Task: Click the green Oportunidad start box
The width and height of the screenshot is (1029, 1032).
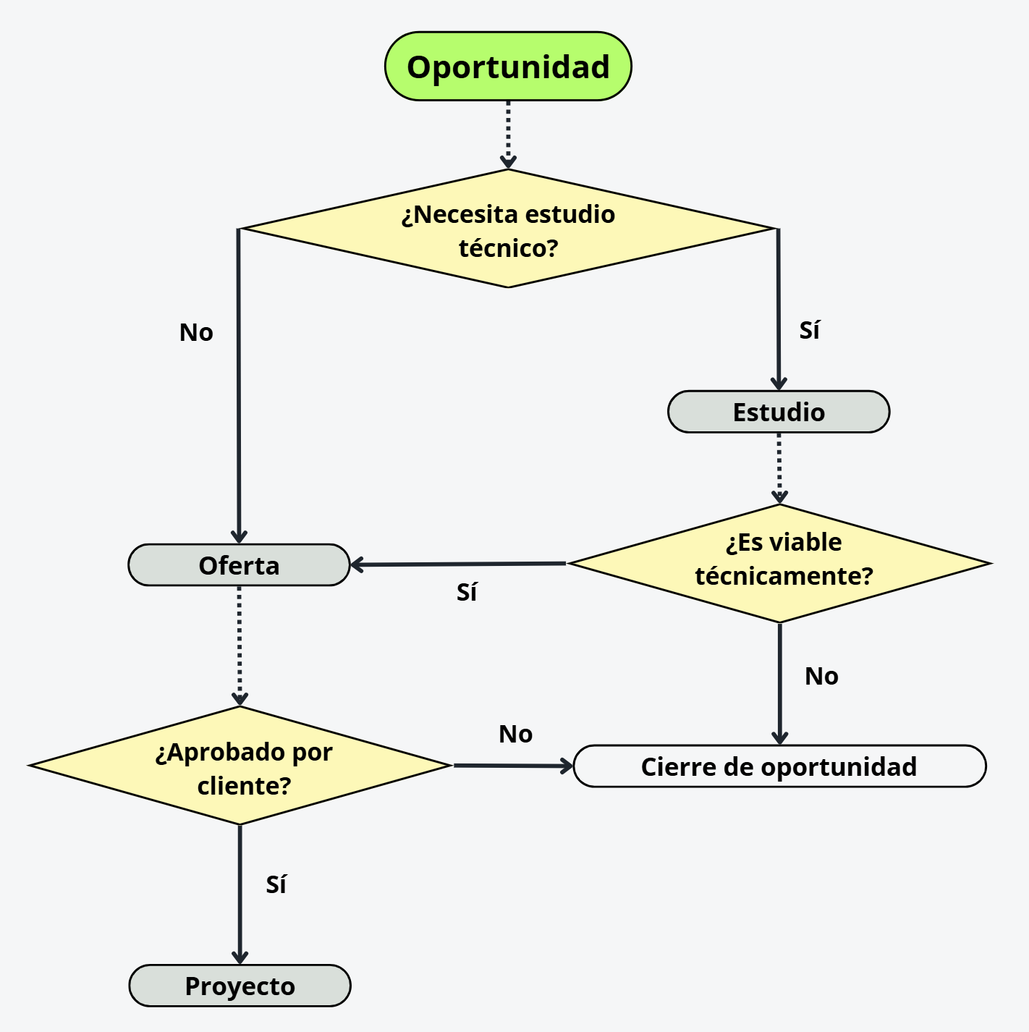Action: click(x=508, y=66)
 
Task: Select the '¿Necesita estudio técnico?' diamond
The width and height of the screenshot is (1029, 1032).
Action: click(x=508, y=229)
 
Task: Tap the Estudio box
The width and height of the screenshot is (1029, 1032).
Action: click(x=779, y=412)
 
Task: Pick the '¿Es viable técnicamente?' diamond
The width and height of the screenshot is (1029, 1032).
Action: click(x=780, y=563)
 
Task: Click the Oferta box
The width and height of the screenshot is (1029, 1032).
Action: click(x=239, y=565)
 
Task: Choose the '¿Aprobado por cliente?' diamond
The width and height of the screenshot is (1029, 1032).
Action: click(x=240, y=766)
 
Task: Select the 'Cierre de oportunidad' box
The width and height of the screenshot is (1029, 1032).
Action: click(x=779, y=766)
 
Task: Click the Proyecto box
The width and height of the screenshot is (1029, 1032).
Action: click(x=240, y=986)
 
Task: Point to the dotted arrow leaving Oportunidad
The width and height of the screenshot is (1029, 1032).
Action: click(x=508, y=134)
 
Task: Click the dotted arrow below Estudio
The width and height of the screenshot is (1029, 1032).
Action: click(x=779, y=468)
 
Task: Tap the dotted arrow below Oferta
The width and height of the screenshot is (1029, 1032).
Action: click(x=239, y=644)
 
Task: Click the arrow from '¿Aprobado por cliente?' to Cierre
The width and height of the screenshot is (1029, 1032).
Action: click(x=512, y=766)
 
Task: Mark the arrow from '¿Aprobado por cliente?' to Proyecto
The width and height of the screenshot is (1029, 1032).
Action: click(x=240, y=894)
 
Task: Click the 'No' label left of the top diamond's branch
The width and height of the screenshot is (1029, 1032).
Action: click(x=196, y=333)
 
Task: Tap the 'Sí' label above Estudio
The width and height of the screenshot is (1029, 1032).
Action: click(x=809, y=331)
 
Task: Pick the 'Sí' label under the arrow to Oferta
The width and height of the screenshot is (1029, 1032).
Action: click(x=467, y=593)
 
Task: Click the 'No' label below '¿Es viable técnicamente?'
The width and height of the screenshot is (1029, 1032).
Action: click(x=821, y=677)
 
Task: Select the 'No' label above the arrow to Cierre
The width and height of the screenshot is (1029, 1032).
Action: click(x=515, y=735)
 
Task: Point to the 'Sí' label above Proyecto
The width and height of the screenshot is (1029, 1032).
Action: click(x=276, y=884)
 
